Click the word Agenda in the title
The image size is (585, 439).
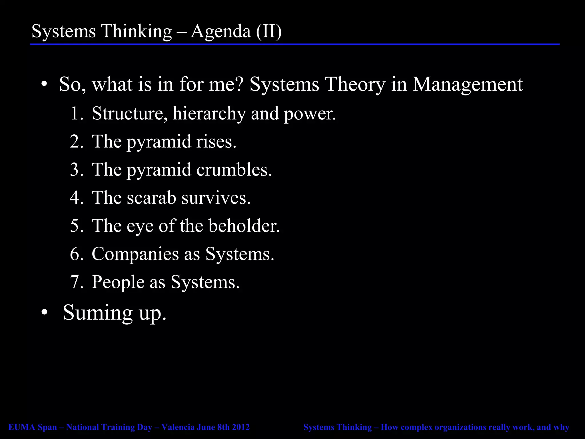[x=221, y=31]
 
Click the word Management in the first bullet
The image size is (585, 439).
[x=467, y=85]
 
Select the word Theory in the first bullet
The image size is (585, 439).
[x=355, y=85]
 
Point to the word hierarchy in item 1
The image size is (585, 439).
[x=209, y=114]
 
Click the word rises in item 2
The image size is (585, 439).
[x=216, y=142]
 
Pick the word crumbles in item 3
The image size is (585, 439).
[x=234, y=170]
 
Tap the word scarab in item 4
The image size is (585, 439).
[x=151, y=198]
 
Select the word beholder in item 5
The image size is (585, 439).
[x=244, y=226]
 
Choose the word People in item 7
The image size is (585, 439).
[x=118, y=282]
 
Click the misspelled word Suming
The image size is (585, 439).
[x=98, y=313]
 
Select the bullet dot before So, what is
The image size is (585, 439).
[x=44, y=85]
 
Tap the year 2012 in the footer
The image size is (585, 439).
[x=241, y=427]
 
